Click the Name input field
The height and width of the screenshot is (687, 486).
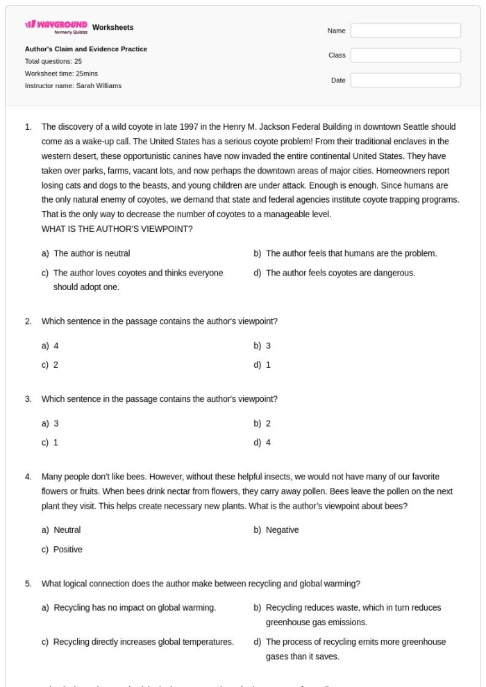pos(405,31)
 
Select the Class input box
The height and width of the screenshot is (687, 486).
pos(405,56)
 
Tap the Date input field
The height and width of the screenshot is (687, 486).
pos(405,80)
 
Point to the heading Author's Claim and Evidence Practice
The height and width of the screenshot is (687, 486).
pos(86,49)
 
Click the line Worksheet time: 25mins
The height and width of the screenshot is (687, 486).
pos(61,74)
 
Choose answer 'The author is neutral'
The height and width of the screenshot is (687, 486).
pos(91,253)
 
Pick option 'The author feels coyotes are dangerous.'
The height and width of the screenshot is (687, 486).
pos(340,273)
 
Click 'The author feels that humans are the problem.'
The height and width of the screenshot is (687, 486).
pos(351,253)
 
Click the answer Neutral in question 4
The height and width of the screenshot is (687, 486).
pos(67,530)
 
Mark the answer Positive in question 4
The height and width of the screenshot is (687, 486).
pos(67,550)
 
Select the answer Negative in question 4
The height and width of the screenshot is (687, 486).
pos(282,530)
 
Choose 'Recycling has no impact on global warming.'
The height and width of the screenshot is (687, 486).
pos(134,608)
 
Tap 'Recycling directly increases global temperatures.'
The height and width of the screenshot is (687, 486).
pos(143,642)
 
